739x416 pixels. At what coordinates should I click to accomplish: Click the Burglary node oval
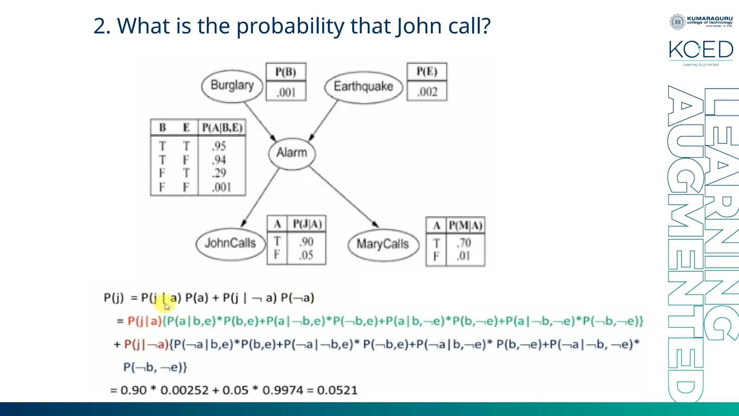pyautogui.click(x=232, y=86)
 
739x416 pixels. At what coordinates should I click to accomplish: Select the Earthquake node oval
pyautogui.click(x=363, y=87)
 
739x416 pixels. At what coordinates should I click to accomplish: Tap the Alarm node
pyautogui.click(x=292, y=153)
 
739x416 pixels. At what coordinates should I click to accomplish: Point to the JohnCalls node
pyautogui.click(x=230, y=243)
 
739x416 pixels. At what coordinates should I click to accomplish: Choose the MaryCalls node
pyautogui.click(x=383, y=244)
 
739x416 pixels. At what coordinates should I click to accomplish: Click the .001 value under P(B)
pyautogui.click(x=286, y=92)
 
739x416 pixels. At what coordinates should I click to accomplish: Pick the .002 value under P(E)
pyautogui.click(x=427, y=92)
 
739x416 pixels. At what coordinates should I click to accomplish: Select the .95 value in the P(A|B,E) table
pyautogui.click(x=219, y=146)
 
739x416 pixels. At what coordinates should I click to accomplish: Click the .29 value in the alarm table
pyautogui.click(x=219, y=173)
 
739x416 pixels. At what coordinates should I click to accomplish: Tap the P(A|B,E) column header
pyautogui.click(x=222, y=128)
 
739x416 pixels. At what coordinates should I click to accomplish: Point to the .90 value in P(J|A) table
pyautogui.click(x=306, y=242)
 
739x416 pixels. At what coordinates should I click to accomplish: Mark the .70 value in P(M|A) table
pyautogui.click(x=464, y=243)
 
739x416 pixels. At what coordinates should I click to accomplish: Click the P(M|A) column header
pyautogui.click(x=465, y=226)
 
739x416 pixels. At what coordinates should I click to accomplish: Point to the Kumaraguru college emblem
pyautogui.click(x=677, y=22)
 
